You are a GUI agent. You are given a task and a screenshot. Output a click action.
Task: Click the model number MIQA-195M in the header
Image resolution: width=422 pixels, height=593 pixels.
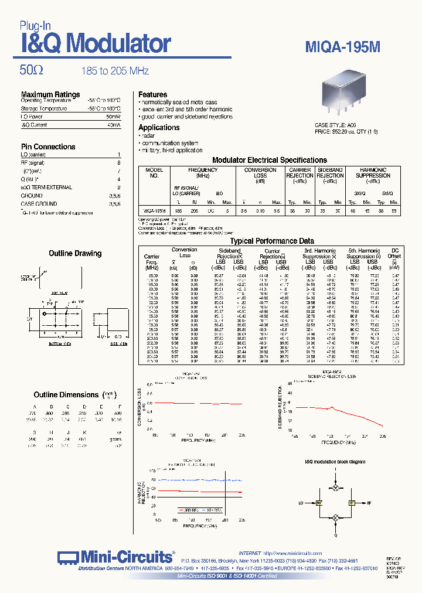(343, 47)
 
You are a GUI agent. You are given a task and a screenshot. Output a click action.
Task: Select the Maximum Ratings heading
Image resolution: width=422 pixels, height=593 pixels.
(50, 94)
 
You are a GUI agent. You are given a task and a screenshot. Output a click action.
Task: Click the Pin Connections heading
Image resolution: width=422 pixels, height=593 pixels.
(48, 146)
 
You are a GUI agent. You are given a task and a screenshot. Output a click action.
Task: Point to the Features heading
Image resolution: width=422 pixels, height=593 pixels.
(152, 94)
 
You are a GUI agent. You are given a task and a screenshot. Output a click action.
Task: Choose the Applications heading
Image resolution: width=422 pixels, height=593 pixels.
(159, 127)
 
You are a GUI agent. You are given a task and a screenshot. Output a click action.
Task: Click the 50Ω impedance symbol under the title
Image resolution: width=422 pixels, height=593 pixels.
(32, 70)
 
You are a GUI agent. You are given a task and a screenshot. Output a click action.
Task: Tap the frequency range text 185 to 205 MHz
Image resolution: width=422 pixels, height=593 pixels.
(115, 71)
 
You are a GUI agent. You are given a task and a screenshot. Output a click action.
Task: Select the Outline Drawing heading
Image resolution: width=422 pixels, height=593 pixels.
(75, 254)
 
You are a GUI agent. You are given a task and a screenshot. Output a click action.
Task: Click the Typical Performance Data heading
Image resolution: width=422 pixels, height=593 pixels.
(271, 241)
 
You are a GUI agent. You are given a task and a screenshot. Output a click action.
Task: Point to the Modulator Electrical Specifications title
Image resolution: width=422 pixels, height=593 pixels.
(269, 160)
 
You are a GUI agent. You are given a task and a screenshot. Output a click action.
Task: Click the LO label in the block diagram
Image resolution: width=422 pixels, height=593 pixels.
(301, 503)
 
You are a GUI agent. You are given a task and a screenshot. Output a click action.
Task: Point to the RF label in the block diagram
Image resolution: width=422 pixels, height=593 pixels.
(369, 503)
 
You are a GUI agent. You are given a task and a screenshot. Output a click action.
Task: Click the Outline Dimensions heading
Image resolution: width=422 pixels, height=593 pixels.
(66, 395)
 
